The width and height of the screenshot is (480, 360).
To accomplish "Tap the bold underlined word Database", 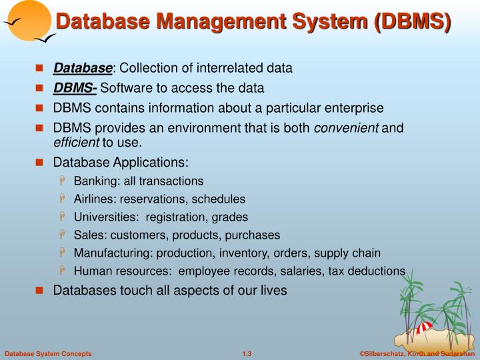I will point(83,68).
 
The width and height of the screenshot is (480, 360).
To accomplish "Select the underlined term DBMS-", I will point(75,88).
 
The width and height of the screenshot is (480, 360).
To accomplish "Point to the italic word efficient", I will point(76,142).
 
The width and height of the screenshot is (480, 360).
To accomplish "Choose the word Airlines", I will point(93,199).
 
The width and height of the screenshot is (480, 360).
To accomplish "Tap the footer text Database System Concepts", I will point(48,353).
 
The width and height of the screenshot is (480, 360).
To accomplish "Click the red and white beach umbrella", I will point(424,328).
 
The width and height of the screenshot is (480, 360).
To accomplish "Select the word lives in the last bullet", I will point(273,290).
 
